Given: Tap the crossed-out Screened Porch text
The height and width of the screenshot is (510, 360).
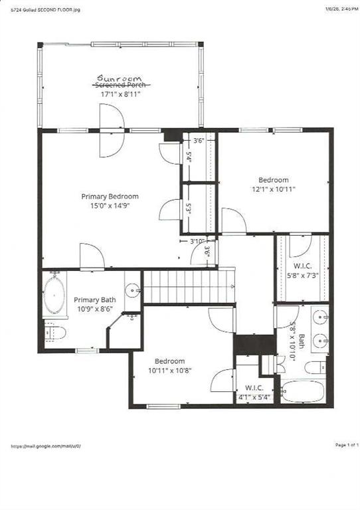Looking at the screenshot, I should (x=122, y=86).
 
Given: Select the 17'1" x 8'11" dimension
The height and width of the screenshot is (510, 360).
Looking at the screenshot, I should (x=121, y=94).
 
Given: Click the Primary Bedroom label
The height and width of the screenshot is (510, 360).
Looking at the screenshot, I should (x=110, y=196).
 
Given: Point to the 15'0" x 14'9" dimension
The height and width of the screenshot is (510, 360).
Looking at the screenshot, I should (x=110, y=206).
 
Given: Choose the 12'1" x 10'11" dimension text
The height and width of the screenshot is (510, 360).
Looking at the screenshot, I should (x=273, y=189).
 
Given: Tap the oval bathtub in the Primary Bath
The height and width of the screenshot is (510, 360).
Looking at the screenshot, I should (x=54, y=294).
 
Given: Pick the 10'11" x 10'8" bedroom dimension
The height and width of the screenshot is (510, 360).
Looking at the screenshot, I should (x=171, y=371).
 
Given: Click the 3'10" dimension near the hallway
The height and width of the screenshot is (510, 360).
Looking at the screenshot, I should (x=197, y=240).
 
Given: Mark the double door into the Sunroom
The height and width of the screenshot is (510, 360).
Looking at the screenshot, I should (x=111, y=131).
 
